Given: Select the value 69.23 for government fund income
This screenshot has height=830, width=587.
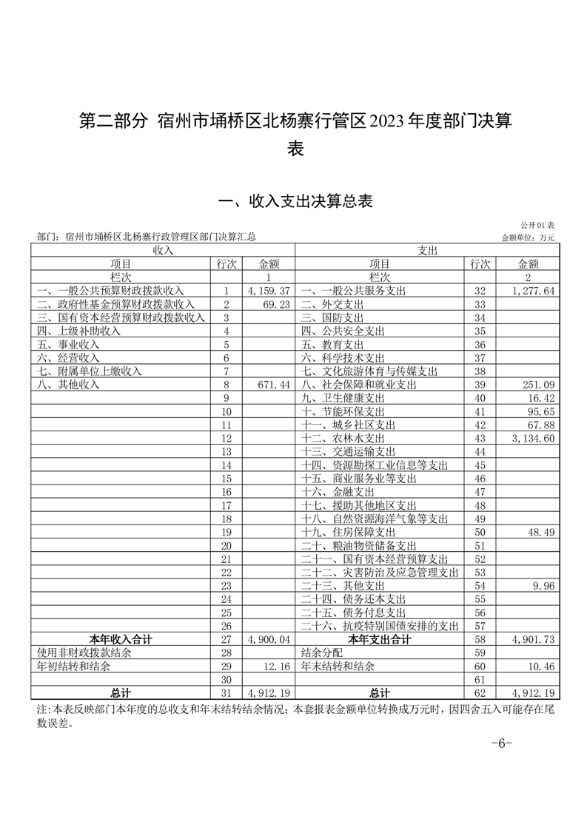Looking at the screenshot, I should click(275, 304).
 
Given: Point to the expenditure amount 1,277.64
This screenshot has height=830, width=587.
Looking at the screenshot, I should click(533, 291).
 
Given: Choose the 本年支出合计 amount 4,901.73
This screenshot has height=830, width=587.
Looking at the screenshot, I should click(533, 639).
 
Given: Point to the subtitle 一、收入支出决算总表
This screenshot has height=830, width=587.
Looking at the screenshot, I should click(292, 200).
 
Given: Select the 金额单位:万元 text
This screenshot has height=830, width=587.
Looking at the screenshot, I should click(528, 237).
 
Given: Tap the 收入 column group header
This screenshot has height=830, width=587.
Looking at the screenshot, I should click(162, 250).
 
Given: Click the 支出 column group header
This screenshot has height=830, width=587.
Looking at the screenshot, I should click(428, 250).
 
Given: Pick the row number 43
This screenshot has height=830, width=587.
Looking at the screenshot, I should click(479, 439).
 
